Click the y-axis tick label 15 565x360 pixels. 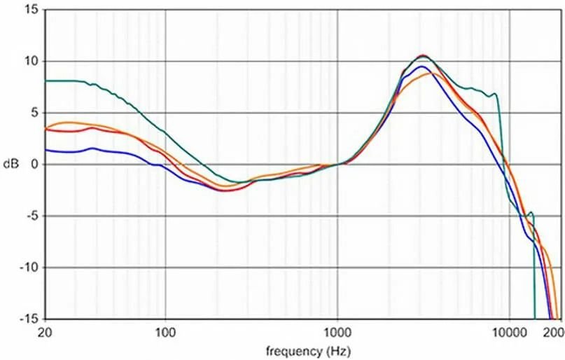[32, 10]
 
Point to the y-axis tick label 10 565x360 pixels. [32, 62]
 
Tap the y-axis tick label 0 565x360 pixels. [34, 165]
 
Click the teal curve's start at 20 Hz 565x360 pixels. [46, 81]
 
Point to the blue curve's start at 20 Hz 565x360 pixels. [46, 149]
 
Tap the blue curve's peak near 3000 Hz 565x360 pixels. [421, 67]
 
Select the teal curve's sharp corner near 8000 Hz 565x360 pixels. [496, 94]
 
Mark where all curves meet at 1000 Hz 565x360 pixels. [339, 164]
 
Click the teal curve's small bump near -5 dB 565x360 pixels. [531, 212]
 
